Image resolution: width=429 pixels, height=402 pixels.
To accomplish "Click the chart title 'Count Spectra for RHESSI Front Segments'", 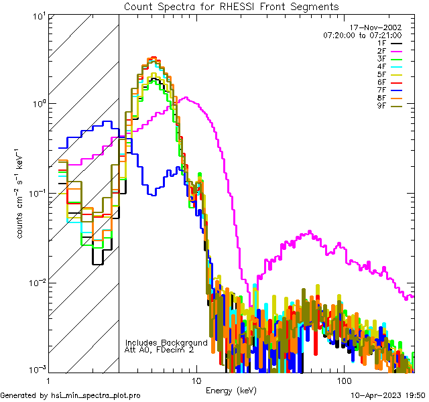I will (x=231, y=6).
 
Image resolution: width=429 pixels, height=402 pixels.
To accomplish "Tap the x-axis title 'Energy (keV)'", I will (x=231, y=390).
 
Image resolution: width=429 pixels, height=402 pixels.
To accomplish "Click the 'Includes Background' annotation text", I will (x=166, y=342).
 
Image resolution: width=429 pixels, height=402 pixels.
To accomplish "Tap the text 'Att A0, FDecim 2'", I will (x=159, y=350).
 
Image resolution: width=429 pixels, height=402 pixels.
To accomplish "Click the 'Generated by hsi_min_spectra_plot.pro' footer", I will (x=70, y=396).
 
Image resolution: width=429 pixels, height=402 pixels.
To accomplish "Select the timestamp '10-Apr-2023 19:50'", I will (x=388, y=396).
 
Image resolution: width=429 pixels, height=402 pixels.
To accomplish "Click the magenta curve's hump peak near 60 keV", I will (x=310, y=232).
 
